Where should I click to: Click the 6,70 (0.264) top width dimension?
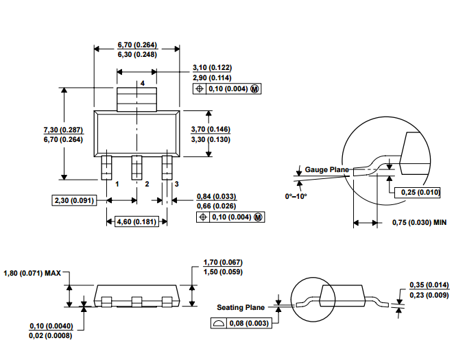[137, 45]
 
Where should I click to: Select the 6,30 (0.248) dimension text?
[137, 54]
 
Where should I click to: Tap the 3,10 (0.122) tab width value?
[212, 67]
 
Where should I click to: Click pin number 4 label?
[143, 84]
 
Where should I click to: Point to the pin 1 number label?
[117, 184]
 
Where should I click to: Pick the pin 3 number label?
[177, 184]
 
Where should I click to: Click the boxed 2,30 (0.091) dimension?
[75, 200]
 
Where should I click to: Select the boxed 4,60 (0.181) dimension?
[136, 221]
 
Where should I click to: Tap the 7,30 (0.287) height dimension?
[63, 130]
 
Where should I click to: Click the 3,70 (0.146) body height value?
[211, 129]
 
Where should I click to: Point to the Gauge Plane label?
[327, 169]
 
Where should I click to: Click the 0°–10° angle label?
[296, 196]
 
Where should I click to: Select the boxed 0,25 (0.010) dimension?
[417, 192]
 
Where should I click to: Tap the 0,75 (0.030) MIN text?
[419, 222]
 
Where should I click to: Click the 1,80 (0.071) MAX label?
[32, 273]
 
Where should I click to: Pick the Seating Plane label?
[241, 307]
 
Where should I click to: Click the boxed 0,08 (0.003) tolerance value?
[249, 323]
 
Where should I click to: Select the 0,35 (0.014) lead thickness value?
[429, 285]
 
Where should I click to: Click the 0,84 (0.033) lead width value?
[216, 197]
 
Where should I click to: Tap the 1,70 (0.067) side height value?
[223, 262]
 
